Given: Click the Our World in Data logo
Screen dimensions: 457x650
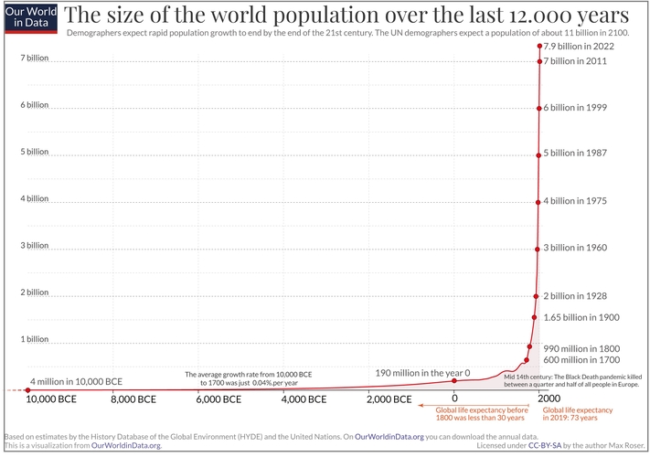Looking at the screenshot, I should click(x=27, y=18).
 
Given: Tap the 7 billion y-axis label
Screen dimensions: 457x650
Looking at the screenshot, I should click(x=35, y=58).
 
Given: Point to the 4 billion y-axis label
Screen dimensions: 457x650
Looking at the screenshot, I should click(x=35, y=198).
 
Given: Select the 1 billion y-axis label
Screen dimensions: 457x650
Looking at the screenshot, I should click(x=35, y=339).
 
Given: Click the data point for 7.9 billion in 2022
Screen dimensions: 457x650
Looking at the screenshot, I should click(x=539, y=46).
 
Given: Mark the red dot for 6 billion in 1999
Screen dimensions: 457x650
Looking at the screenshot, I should click(x=538, y=108).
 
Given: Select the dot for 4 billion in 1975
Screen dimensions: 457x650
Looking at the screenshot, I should click(x=538, y=202).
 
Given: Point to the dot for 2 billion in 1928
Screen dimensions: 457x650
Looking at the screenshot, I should click(x=536, y=296).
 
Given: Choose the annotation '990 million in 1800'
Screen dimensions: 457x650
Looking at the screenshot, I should click(x=581, y=348).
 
